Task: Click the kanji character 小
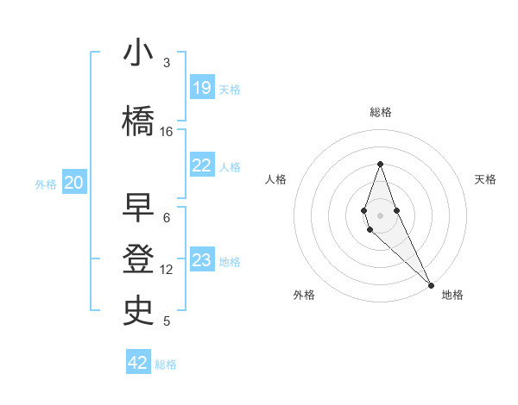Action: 139,53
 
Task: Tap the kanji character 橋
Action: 139,121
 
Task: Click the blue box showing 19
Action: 202,88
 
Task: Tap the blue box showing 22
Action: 202,165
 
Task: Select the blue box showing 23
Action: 202,260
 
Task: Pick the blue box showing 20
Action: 74,183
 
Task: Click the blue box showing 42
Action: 138,363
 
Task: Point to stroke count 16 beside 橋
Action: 167,132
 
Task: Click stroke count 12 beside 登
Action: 167,270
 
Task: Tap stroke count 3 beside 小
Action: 167,63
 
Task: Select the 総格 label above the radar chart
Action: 381,112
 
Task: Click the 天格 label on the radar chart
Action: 486,179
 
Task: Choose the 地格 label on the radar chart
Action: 452,295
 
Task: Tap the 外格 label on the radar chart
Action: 304,295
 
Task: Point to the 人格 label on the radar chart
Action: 276,179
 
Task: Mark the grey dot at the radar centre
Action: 380,215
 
